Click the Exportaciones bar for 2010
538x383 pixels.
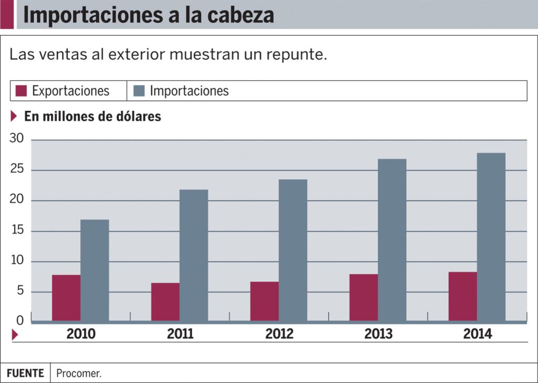pyautogui.click(x=66, y=298)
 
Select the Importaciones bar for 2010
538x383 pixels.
pyautogui.click(x=95, y=270)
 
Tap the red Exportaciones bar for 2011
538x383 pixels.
pyautogui.click(x=165, y=302)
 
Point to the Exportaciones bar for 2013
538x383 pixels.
pyautogui.click(x=364, y=297)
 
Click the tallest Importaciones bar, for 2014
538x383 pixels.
pyautogui.click(x=491, y=237)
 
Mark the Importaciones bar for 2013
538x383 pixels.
pyautogui.click(x=392, y=240)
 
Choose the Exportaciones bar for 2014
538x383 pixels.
pyautogui.click(x=462, y=296)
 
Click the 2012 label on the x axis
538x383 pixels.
pyautogui.click(x=280, y=334)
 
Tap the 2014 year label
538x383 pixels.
pyautogui.click(x=478, y=334)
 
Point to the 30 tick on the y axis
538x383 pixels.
pyautogui.click(x=17, y=139)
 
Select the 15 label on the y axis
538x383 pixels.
pyautogui.click(x=17, y=231)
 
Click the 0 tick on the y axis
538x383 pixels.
pyautogui.click(x=20, y=320)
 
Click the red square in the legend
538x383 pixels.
pyautogui.click(x=21, y=91)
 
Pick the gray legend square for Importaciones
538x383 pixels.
pyautogui.click(x=139, y=91)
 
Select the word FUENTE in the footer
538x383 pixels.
pyautogui.click(x=25, y=374)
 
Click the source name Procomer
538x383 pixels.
pyautogui.click(x=79, y=374)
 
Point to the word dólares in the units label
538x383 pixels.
pyautogui.click(x=137, y=117)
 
